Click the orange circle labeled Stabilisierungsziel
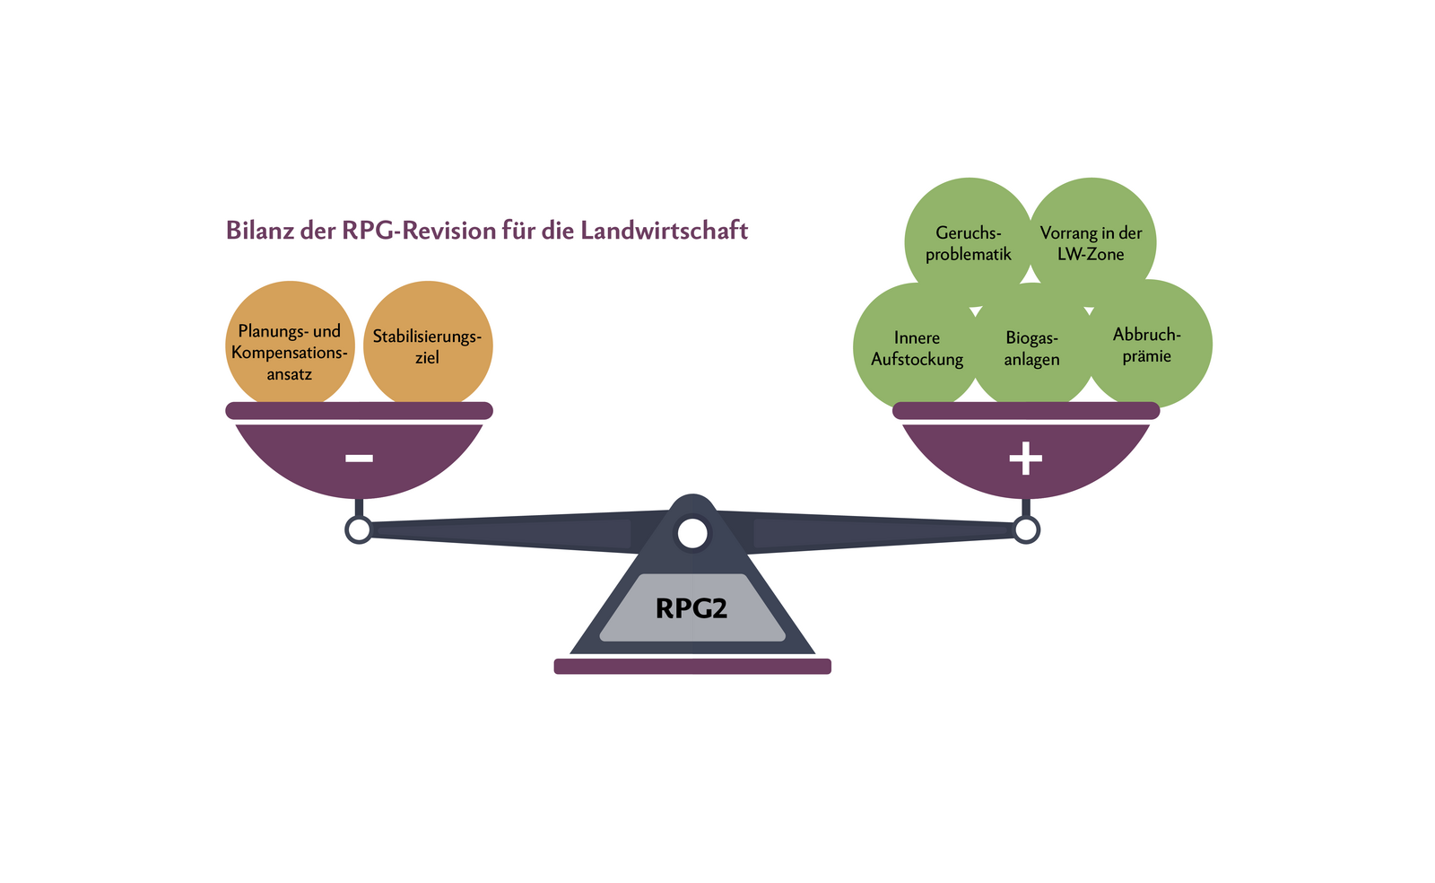tap(428, 345)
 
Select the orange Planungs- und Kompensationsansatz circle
tap(290, 345)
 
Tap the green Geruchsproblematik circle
tap(969, 242)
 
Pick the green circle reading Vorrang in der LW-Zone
tap(1091, 242)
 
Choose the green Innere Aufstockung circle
tap(917, 348)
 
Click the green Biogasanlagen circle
tap(1032, 348)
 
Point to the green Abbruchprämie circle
tap(1147, 345)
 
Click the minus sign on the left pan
tap(359, 459)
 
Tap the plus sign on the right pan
tap(1026, 459)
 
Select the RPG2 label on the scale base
tap(691, 608)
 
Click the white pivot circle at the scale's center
tap(692, 533)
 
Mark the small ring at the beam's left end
tap(359, 530)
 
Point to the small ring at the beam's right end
tap(1026, 530)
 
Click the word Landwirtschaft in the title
tap(664, 231)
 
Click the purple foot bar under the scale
tap(692, 666)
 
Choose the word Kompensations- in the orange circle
tap(290, 353)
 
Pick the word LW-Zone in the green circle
tap(1091, 255)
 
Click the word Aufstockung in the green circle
tap(917, 360)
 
